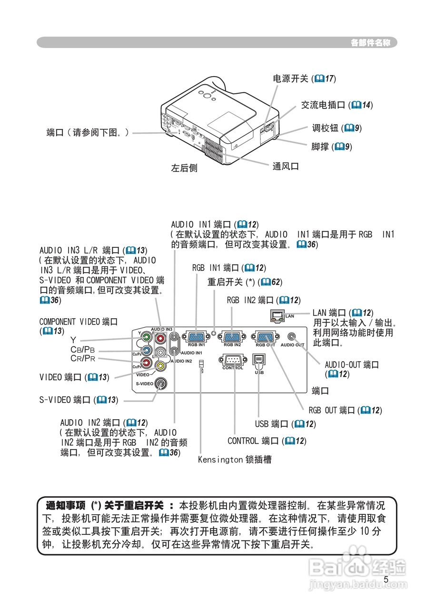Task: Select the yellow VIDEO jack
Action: [x=161, y=365]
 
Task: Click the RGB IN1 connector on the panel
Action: [x=196, y=337]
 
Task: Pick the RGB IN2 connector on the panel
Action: [x=232, y=337]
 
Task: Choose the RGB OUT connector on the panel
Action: [x=266, y=337]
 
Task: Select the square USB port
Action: [x=259, y=360]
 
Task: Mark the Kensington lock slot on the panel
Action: [x=201, y=365]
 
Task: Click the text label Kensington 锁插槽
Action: [x=235, y=460]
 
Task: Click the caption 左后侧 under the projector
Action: [x=184, y=168]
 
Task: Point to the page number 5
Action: [x=386, y=579]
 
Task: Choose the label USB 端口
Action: [x=282, y=424]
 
